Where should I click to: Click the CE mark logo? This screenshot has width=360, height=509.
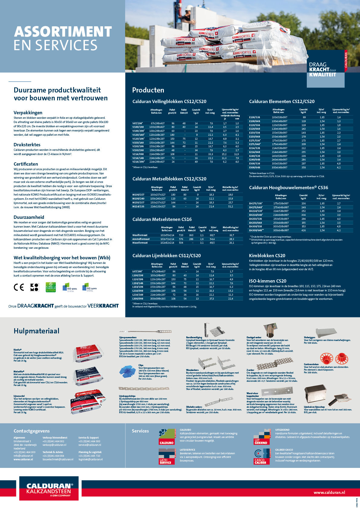(x=19, y=287)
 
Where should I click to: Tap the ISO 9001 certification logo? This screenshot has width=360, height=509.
(x=70, y=287)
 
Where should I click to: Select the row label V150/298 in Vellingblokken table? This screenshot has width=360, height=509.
(x=138, y=150)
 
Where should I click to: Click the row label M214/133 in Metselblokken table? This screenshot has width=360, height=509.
(x=138, y=206)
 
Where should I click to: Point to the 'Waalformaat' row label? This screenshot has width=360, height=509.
(x=140, y=235)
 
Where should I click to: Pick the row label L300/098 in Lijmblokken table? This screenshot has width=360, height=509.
(x=138, y=299)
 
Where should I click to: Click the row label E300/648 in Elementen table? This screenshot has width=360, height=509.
(x=255, y=167)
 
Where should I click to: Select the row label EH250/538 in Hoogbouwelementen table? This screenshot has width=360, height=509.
(x=255, y=219)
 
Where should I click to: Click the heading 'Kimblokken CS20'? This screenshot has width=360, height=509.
(x=267, y=256)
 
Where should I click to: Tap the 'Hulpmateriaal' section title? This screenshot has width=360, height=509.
(x=36, y=331)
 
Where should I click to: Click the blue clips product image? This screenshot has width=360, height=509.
(x=128, y=371)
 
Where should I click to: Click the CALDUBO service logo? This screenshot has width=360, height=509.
(x=167, y=437)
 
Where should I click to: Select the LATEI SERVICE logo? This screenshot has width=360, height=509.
(x=167, y=456)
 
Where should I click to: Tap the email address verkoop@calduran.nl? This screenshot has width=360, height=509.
(x=54, y=445)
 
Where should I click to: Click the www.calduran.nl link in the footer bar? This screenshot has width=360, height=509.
(x=329, y=493)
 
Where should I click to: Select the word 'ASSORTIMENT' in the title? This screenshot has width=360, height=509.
(x=63, y=32)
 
